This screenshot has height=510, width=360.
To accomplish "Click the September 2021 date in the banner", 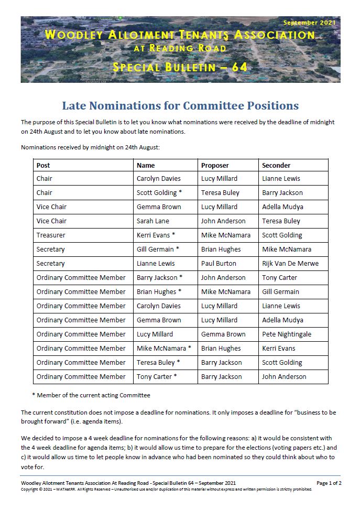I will point(309,23).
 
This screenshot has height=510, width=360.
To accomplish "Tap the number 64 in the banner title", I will point(238,67).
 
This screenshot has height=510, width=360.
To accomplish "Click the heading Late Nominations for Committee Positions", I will point(180,106).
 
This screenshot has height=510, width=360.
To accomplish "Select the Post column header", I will point(43,165).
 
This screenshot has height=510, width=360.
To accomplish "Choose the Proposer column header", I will point(215,165).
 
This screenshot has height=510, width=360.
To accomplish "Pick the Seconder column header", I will point(276,165).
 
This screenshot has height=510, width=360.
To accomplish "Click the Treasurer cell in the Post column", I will point(51,235).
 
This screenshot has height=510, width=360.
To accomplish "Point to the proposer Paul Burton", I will point(219,264).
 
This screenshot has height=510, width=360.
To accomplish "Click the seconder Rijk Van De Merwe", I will point(290,264).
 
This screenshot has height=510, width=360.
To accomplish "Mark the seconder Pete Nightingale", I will point(287,334).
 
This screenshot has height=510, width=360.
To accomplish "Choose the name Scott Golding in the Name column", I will point(157,193).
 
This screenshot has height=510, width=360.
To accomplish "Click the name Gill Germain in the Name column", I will point(156,249).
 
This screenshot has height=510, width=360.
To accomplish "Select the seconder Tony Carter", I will point(279,278).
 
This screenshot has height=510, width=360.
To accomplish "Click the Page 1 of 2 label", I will point(329,483).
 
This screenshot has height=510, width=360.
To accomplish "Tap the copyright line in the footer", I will point(166,489).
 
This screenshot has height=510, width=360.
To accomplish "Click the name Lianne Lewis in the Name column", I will point(156,264).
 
